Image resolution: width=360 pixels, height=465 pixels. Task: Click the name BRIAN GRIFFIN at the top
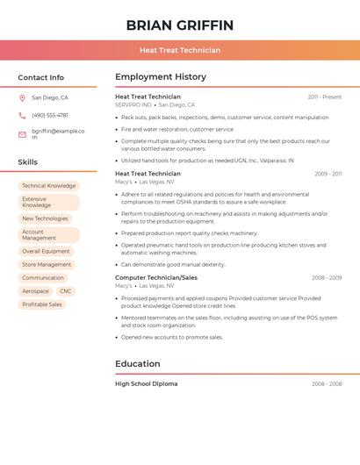[x=179, y=25]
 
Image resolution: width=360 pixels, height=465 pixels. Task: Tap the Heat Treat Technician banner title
[x=179, y=50]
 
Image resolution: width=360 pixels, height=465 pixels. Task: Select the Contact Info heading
[x=41, y=77]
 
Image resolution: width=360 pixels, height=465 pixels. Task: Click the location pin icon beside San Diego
[x=22, y=98]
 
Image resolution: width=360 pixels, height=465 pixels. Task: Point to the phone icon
[x=22, y=116]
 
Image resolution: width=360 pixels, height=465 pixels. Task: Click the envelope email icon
[x=22, y=134]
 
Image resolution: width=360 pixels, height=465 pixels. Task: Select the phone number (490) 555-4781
[x=50, y=116]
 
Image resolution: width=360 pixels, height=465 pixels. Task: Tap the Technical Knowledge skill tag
[x=49, y=186]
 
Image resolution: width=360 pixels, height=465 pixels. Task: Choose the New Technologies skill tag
[x=45, y=218]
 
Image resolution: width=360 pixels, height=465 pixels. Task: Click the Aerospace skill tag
[x=36, y=291]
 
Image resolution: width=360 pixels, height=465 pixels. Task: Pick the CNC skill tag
[x=66, y=291]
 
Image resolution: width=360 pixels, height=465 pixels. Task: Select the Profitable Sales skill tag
[x=42, y=304]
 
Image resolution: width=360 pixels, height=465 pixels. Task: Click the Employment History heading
[x=161, y=77]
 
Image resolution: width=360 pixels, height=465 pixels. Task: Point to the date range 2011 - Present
[x=324, y=97]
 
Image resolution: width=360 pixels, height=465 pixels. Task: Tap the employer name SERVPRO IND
[x=133, y=104]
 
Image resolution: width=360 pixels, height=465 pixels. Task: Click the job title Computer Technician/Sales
[x=156, y=277]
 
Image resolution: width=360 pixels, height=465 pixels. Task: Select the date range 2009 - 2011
[x=328, y=174]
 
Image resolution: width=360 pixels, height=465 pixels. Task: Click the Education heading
[x=138, y=364]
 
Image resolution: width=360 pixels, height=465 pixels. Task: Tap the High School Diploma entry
[x=147, y=383]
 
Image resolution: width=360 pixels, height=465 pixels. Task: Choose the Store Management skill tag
[x=47, y=264]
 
